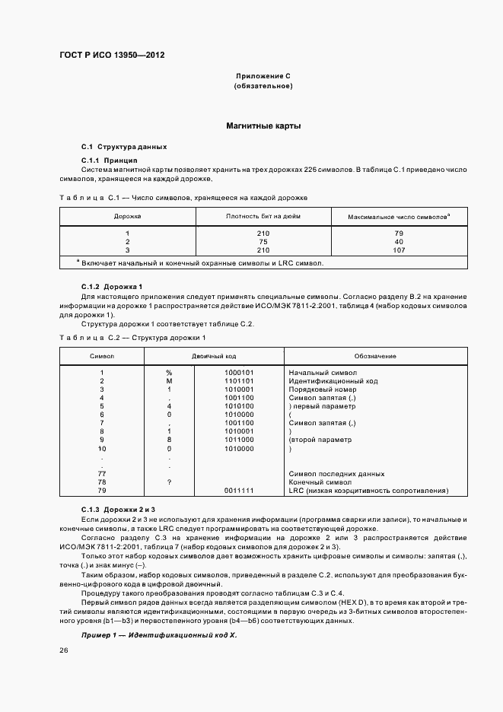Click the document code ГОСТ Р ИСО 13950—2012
coord(112,56)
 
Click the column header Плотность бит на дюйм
coord(263,216)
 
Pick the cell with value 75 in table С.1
coord(263,241)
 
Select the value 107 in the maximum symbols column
coord(398,250)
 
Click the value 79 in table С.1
coord(398,233)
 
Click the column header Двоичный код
coord(214,356)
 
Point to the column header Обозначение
coord(374,356)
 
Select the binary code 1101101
coord(240,380)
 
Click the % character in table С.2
coord(169,373)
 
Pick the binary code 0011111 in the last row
coord(240,490)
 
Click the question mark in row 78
coord(169,482)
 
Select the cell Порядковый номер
coord(320,389)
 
